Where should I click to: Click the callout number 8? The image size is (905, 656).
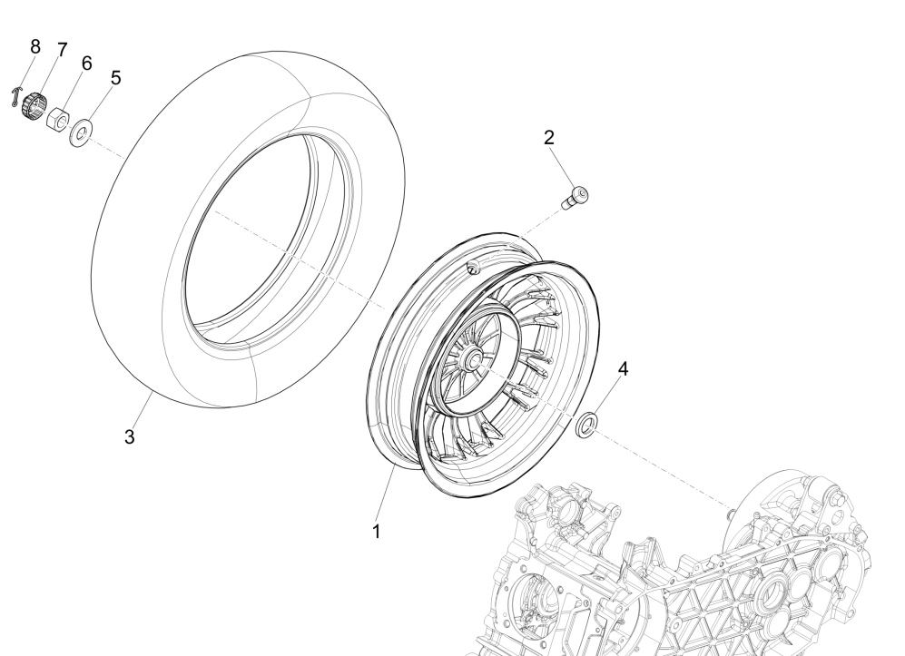click(35, 46)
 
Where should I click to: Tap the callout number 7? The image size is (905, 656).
click(62, 49)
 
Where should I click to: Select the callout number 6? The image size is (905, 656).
click(87, 63)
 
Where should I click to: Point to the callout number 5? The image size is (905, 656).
click(115, 78)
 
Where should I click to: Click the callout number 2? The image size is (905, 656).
click(549, 138)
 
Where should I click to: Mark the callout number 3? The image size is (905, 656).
click(130, 436)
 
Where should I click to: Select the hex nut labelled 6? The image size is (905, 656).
click(58, 119)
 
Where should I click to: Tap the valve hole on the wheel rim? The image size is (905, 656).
click(473, 266)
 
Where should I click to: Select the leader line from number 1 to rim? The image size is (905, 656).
click(385, 494)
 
